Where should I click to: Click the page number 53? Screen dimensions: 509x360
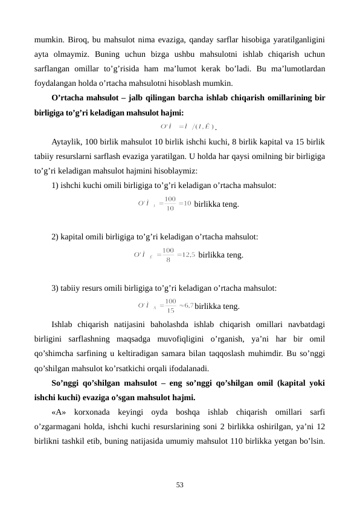pos(180,485)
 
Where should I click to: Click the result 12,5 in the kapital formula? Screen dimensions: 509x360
pos(188,254)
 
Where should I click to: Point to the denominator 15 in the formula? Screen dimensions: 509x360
pos(171,311)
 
